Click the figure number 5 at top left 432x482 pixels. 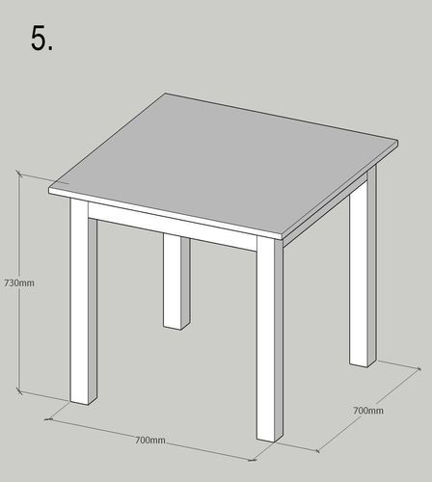pos(41,38)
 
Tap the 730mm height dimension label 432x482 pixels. pos(19,283)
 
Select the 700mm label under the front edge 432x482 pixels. pos(150,440)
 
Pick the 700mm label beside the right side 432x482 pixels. pos(368,411)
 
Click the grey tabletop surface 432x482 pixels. pos(225,164)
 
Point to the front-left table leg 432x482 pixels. pos(83,302)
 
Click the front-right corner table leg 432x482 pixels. pos(270,339)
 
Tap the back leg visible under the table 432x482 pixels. pos(176,281)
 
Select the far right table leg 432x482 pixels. pos(363,267)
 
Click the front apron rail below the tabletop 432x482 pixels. pos(173,227)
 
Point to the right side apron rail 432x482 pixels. pos(325,210)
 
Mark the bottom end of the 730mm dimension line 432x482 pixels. pos(19,391)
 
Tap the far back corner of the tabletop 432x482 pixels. pos(166,94)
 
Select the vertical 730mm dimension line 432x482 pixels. pos(19,283)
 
